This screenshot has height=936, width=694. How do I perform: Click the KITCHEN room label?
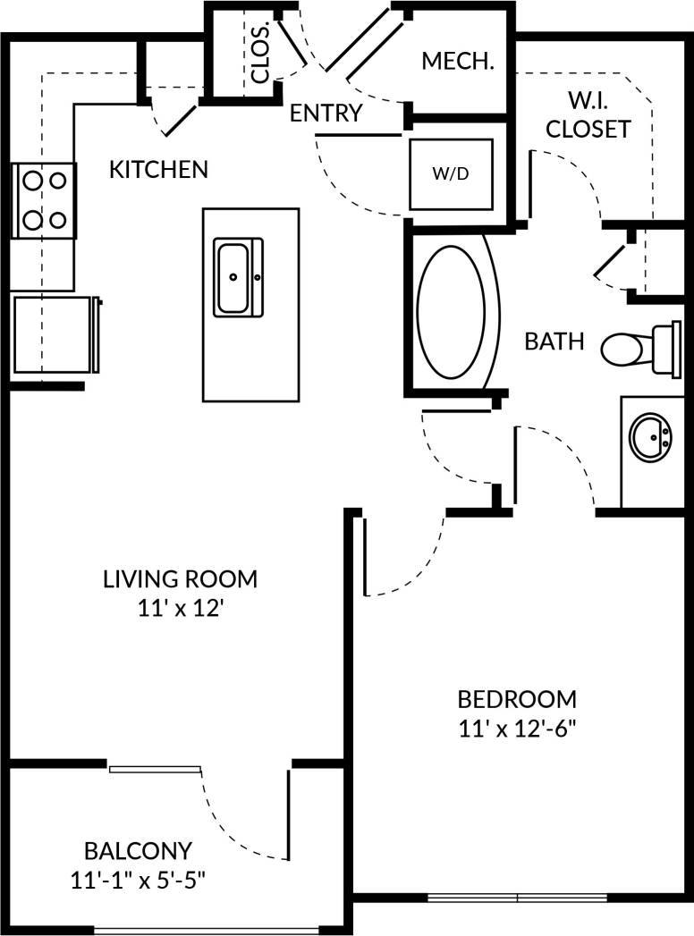158,169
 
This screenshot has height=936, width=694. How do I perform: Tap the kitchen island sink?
238,276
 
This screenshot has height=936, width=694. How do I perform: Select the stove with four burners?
44,200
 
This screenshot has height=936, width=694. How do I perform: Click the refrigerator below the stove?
54,335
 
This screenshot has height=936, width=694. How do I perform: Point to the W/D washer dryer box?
451,173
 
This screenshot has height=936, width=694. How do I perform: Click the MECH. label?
458,61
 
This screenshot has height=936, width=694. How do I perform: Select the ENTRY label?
326,114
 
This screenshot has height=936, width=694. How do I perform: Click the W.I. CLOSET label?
588,115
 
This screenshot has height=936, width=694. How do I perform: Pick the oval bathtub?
453,312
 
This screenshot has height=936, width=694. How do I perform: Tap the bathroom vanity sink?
651,438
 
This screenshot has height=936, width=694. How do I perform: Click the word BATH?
554,341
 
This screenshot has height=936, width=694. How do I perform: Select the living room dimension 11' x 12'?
180,608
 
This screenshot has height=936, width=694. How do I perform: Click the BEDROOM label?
517,698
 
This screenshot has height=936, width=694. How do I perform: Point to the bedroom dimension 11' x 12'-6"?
517,728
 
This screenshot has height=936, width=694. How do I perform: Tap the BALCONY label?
138,849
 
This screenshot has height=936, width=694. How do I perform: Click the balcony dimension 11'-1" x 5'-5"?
138,880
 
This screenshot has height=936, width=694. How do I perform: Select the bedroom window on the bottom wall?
518,897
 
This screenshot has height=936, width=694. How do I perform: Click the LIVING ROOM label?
180,578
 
